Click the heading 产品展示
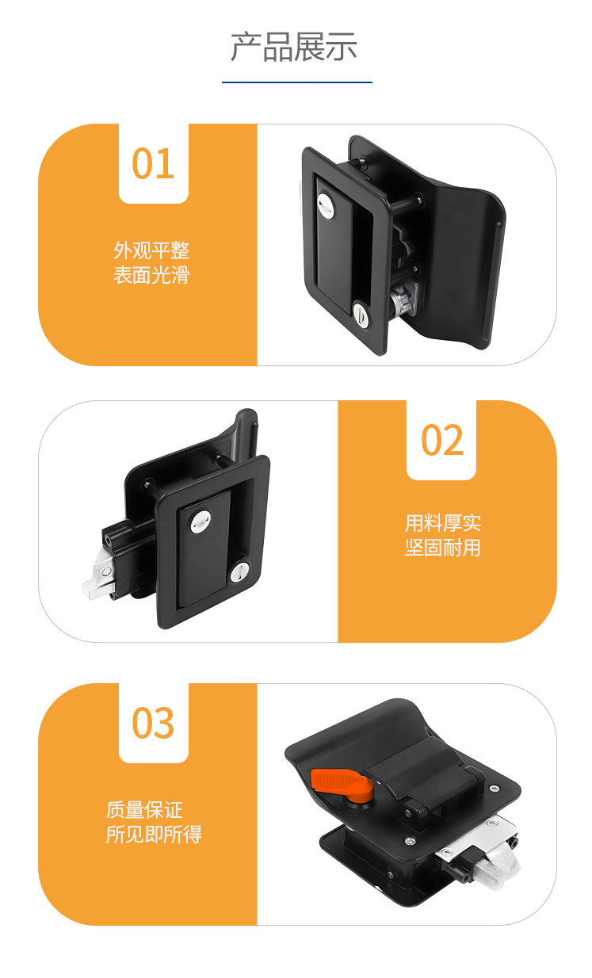pos(294,47)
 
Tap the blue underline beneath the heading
pos(297,82)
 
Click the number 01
pos(153,164)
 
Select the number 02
pos(441,440)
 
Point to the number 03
pos(153,723)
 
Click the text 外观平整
pos(151,250)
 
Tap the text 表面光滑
pos(151,276)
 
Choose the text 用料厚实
pos(443,523)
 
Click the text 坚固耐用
pos(443,548)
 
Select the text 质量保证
pos(144,810)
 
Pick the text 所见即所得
pos(154,835)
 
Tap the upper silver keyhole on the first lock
pos(326,204)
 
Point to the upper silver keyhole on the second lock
pos(201,521)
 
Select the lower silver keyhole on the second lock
pos(239,572)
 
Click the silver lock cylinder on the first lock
pos(403,298)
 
